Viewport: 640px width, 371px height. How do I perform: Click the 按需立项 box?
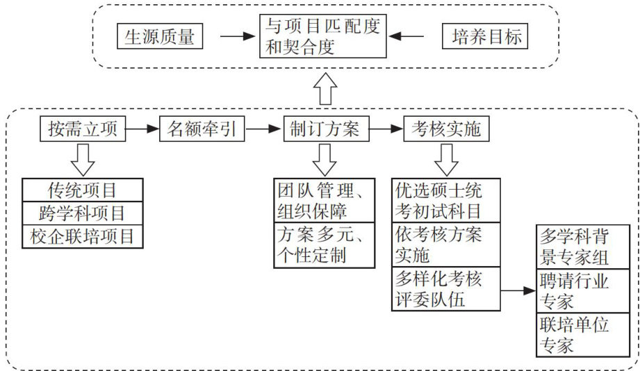83,129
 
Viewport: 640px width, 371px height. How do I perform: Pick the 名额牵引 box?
204,129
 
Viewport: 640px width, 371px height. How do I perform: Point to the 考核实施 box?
446,129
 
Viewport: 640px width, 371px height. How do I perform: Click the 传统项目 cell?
83,190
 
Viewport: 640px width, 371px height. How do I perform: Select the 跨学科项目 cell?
83,213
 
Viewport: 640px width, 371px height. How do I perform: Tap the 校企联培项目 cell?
83,236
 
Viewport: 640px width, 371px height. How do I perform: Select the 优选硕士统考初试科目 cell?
446,199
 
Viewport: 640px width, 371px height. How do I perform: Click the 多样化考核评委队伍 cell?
446,289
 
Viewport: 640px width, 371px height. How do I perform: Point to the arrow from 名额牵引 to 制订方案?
263,129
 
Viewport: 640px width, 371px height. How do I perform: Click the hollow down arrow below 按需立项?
81,159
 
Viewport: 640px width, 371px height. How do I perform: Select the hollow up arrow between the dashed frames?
325,89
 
